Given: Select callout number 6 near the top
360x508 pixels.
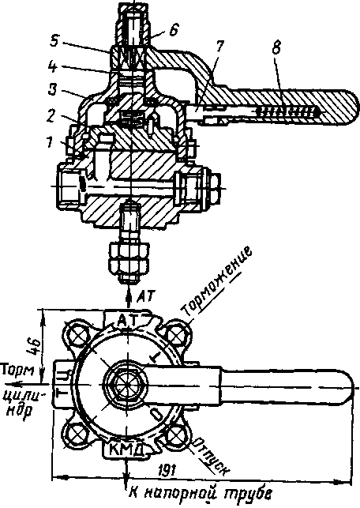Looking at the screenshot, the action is click(x=174, y=31).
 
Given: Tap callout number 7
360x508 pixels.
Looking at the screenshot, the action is click(x=219, y=47).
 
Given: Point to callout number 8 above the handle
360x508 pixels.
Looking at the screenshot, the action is click(x=276, y=48).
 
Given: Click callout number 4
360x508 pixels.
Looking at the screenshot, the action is click(x=52, y=66).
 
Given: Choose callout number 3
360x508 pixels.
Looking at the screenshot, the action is click(x=53, y=90).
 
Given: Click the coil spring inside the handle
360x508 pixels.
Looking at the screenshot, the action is click(x=287, y=112).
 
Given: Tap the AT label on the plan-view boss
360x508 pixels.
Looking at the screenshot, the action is click(x=127, y=320).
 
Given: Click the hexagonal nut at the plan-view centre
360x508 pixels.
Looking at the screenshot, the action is click(x=126, y=385).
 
